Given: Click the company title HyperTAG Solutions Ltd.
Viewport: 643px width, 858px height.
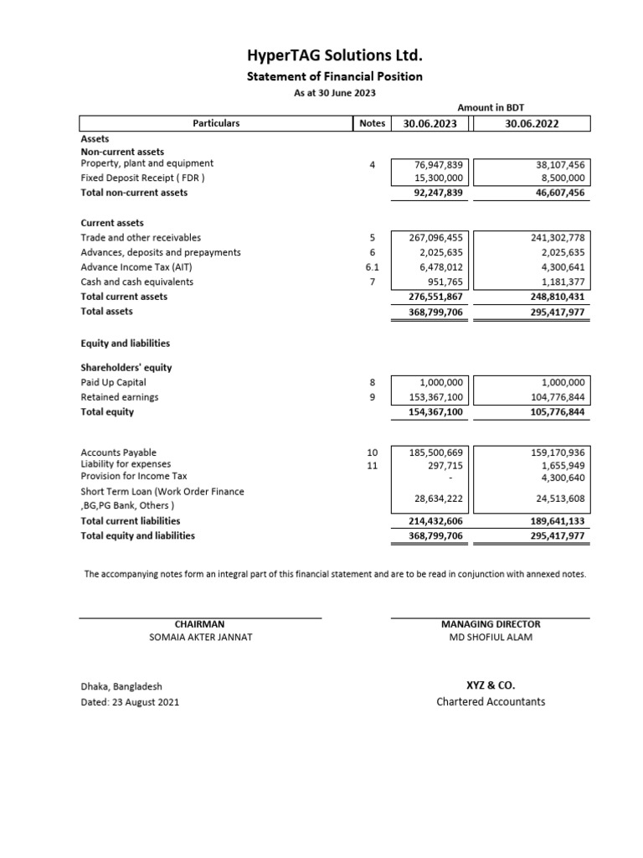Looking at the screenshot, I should (x=334, y=56).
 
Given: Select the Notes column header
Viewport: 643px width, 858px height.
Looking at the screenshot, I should (x=372, y=123).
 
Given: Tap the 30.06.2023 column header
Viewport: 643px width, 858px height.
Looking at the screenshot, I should (x=430, y=123).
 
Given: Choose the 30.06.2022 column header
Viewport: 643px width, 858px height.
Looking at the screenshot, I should (x=532, y=123).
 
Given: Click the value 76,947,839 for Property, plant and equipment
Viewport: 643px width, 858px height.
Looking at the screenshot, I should (x=439, y=164).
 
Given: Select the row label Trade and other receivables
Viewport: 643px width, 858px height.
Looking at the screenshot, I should (x=141, y=238).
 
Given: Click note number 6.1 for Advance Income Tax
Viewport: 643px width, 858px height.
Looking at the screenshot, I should (x=373, y=267).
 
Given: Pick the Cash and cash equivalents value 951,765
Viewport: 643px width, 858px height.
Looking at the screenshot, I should (x=445, y=282).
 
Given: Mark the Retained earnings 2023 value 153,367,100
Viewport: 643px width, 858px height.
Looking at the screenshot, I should (x=435, y=397).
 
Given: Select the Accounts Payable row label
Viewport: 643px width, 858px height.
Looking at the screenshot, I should (x=118, y=452).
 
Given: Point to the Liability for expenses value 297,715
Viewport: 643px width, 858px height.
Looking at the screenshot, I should (x=447, y=464).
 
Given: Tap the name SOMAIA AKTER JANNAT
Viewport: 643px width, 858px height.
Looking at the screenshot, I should (x=199, y=638).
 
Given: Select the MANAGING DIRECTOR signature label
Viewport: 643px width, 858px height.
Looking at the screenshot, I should (x=490, y=624).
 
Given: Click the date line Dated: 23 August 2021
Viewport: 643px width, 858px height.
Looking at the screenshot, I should (x=129, y=701).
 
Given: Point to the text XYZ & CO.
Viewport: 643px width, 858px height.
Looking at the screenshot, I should (x=490, y=685).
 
